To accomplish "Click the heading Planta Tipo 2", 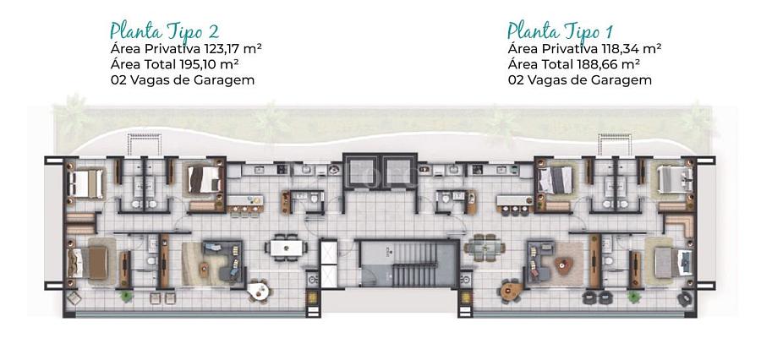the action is (164, 31).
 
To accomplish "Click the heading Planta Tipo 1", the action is (560, 30).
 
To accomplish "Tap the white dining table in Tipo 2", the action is (286, 248).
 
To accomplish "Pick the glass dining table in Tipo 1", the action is (484, 248).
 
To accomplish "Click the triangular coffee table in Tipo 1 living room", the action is (563, 265).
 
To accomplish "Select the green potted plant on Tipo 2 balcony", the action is (127, 296).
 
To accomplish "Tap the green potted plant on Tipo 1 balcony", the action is (633, 297).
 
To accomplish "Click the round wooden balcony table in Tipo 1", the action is (512, 290).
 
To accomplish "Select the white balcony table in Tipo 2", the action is (258, 291).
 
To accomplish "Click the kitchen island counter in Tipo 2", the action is (246, 200).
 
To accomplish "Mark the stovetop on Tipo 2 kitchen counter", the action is (281, 169).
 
